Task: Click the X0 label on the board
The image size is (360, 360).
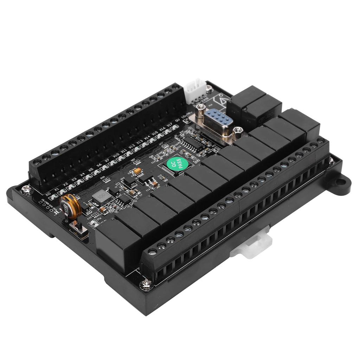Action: [49, 193]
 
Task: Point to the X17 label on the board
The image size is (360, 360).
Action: [169, 125]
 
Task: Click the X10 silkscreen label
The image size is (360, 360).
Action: [115, 156]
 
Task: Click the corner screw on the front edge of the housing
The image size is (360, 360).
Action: [146, 284]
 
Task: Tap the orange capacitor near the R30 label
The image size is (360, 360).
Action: [137, 171]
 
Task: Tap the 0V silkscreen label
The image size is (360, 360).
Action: [178, 120]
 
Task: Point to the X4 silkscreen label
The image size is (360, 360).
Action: [82, 174]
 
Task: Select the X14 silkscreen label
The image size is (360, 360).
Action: [147, 138]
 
